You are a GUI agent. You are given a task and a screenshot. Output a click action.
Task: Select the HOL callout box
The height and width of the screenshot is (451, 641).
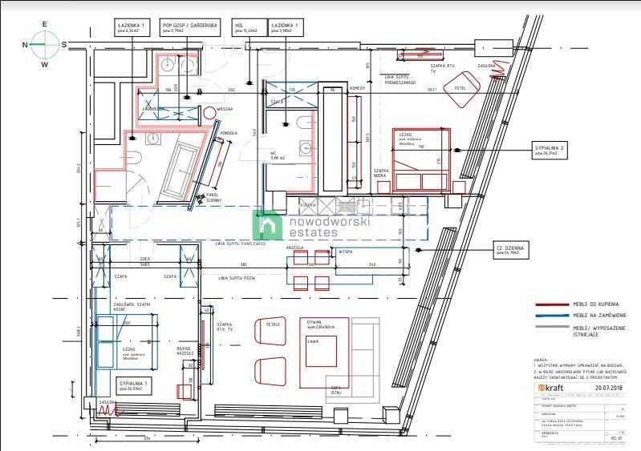pyautogui.click(x=244, y=29)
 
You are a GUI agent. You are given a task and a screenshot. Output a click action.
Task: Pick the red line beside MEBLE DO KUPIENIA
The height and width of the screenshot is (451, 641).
pyautogui.click(x=553, y=304)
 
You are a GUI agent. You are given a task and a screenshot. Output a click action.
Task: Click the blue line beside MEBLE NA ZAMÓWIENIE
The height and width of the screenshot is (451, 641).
pyautogui.click(x=553, y=316)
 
